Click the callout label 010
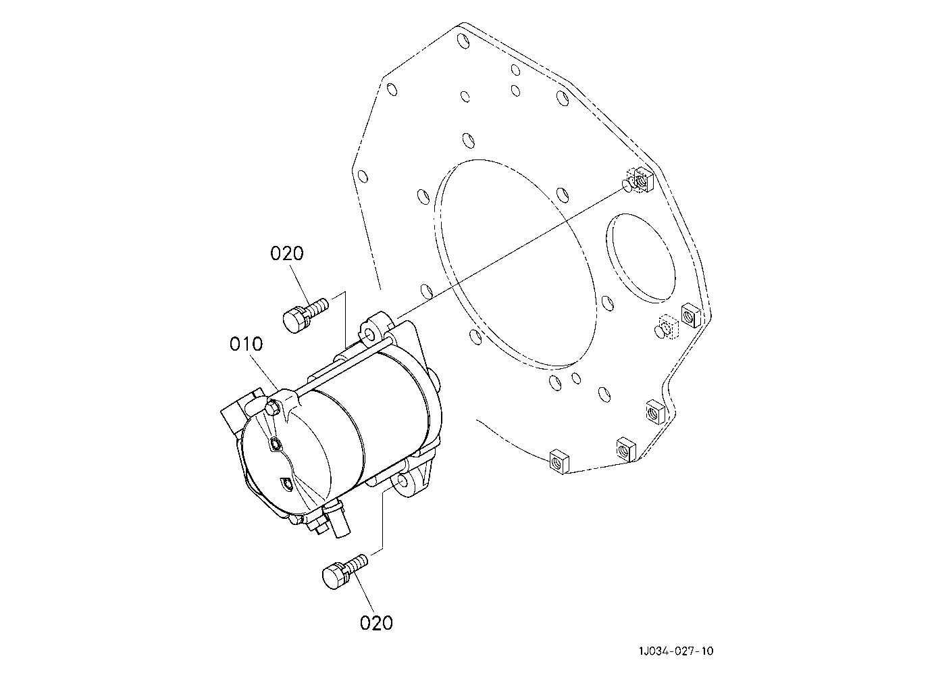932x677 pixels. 246,344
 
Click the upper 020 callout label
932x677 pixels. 286,253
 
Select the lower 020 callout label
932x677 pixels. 376,623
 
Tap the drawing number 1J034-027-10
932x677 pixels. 676,651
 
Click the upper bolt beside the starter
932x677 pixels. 305,316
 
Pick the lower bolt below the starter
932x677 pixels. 345,572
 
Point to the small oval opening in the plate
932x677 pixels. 641,258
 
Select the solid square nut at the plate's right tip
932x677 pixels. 691,315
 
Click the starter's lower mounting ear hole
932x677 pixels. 402,482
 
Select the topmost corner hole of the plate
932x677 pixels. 462,41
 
